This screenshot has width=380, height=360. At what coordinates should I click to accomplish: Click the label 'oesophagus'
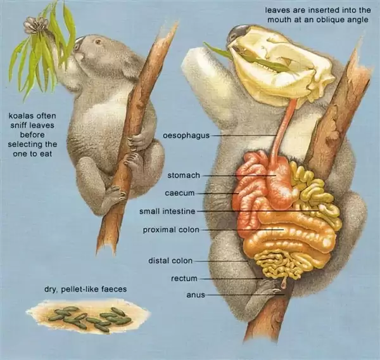[186, 135]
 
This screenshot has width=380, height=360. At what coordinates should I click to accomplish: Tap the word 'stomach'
[184, 174]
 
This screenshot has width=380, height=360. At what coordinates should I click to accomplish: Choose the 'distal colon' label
[170, 260]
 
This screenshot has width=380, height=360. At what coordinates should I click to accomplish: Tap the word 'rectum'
[184, 278]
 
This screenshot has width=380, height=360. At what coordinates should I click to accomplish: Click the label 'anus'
[194, 295]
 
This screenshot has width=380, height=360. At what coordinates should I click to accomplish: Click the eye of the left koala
[98, 44]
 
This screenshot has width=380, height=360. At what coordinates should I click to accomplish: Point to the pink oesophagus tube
[284, 133]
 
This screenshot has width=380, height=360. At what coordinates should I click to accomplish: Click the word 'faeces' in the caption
[111, 289]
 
